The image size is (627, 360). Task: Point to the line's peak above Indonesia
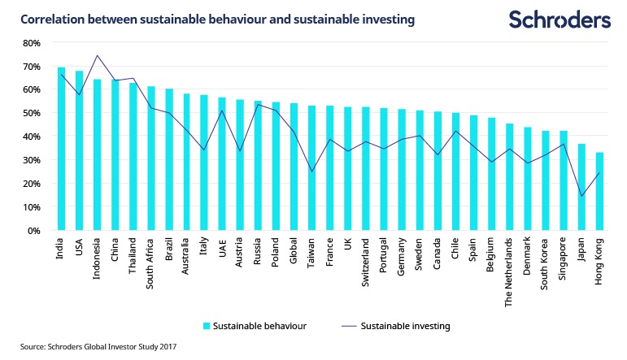click(x=97, y=56)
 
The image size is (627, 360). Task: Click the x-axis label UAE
click(x=223, y=247)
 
